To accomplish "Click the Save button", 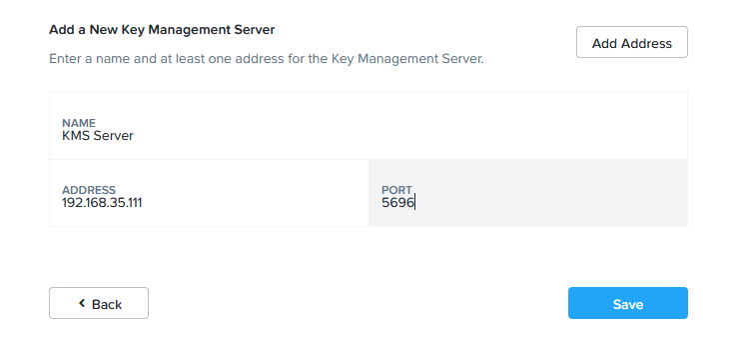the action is click(627, 303).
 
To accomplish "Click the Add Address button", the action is click(632, 42).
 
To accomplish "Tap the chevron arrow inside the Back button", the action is click(82, 303).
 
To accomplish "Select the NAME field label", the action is click(79, 123).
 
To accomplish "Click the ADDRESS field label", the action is click(89, 190).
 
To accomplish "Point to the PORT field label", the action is click(396, 190).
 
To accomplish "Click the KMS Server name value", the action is click(98, 136).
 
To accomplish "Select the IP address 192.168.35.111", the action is click(102, 203).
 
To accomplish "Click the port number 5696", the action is click(397, 203).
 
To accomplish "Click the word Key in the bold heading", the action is click(133, 30).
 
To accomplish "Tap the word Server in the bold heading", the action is click(253, 30).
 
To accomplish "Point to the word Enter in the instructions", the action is click(64, 59).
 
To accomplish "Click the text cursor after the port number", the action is click(415, 203).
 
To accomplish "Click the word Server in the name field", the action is click(113, 136).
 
